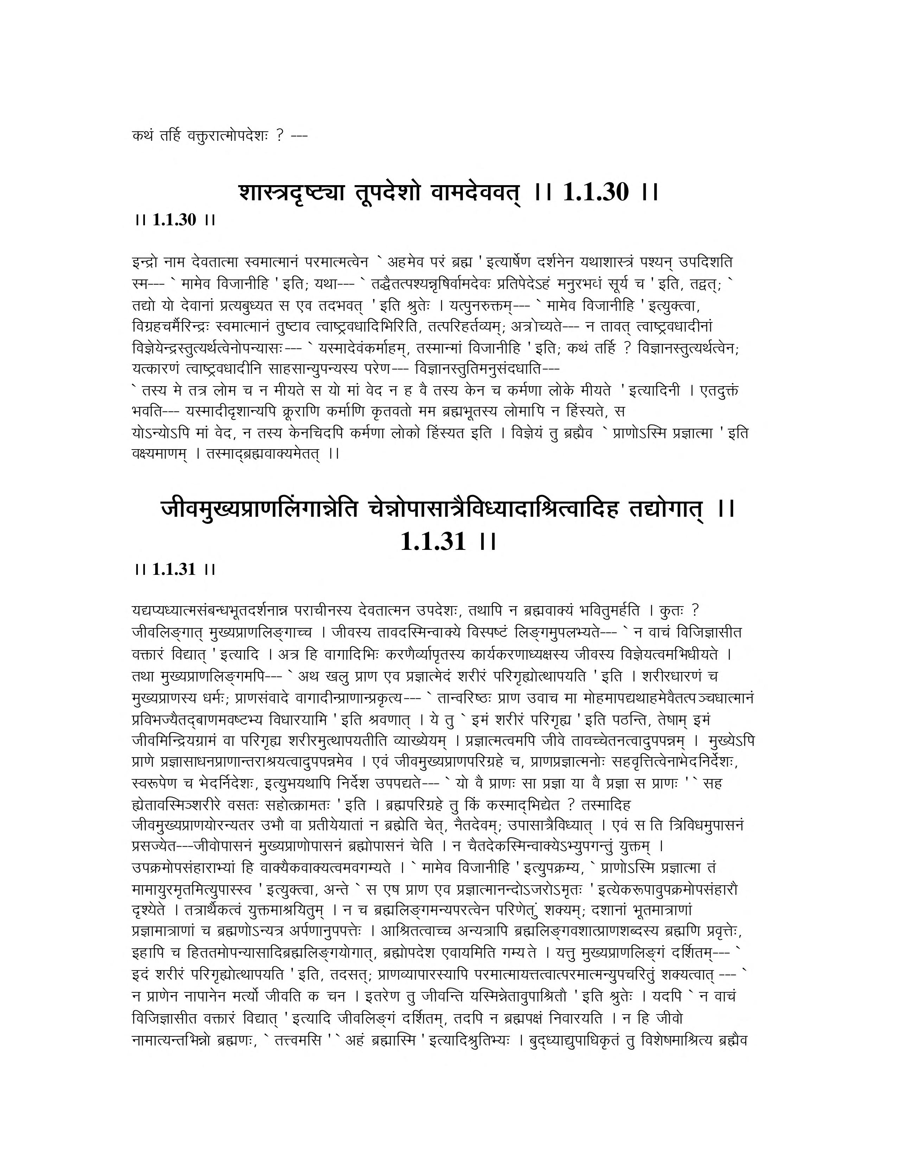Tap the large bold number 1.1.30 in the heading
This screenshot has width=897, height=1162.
click(x=594, y=192)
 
